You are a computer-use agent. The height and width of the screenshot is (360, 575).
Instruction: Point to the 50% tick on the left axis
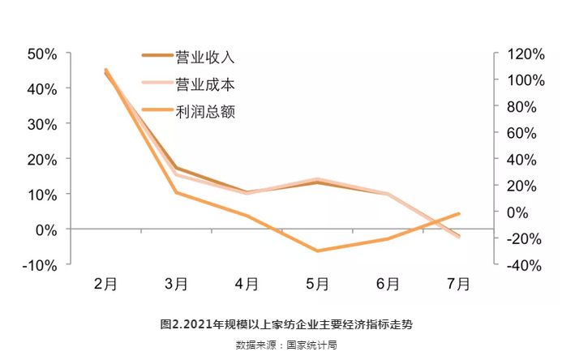pos(42,54)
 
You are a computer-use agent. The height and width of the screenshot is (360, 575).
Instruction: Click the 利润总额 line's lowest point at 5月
pos(317,251)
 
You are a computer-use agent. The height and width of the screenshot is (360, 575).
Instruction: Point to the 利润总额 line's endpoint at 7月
pos(459,214)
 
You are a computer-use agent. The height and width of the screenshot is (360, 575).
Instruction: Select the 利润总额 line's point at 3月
pos(176,192)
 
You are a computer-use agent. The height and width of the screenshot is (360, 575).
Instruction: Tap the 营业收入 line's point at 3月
pos(176,168)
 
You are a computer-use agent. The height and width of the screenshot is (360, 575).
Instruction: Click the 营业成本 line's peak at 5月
pos(317,179)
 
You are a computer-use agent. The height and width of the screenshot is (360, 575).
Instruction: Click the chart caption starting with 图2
pos(287,324)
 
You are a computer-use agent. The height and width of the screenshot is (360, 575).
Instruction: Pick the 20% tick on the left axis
pos(42,159)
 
